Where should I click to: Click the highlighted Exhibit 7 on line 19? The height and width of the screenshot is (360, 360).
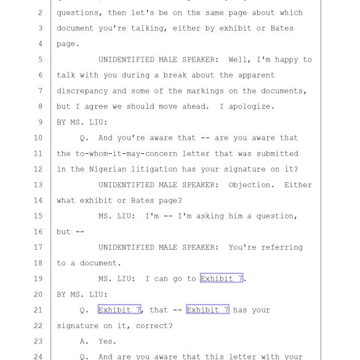click(x=222, y=278)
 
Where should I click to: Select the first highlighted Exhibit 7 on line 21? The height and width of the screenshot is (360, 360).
click(x=119, y=310)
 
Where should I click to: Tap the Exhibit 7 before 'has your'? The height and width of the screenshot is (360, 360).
click(x=207, y=310)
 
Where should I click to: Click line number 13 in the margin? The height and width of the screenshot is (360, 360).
click(x=38, y=185)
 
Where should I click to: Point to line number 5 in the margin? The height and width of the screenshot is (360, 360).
click(x=40, y=60)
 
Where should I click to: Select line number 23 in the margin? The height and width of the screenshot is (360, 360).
click(x=38, y=342)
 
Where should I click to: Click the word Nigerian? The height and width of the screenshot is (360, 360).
click(x=108, y=169)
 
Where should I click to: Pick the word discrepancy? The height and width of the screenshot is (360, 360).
click(x=82, y=91)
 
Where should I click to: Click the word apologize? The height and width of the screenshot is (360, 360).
click(x=252, y=106)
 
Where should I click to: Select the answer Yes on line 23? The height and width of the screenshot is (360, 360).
click(x=107, y=342)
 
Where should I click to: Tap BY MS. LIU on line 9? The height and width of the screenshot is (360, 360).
click(x=82, y=122)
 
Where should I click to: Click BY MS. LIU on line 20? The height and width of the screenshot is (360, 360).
click(x=82, y=294)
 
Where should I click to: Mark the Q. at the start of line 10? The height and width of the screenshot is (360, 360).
click(x=84, y=138)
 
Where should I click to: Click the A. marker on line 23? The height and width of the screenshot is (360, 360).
click(x=84, y=342)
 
